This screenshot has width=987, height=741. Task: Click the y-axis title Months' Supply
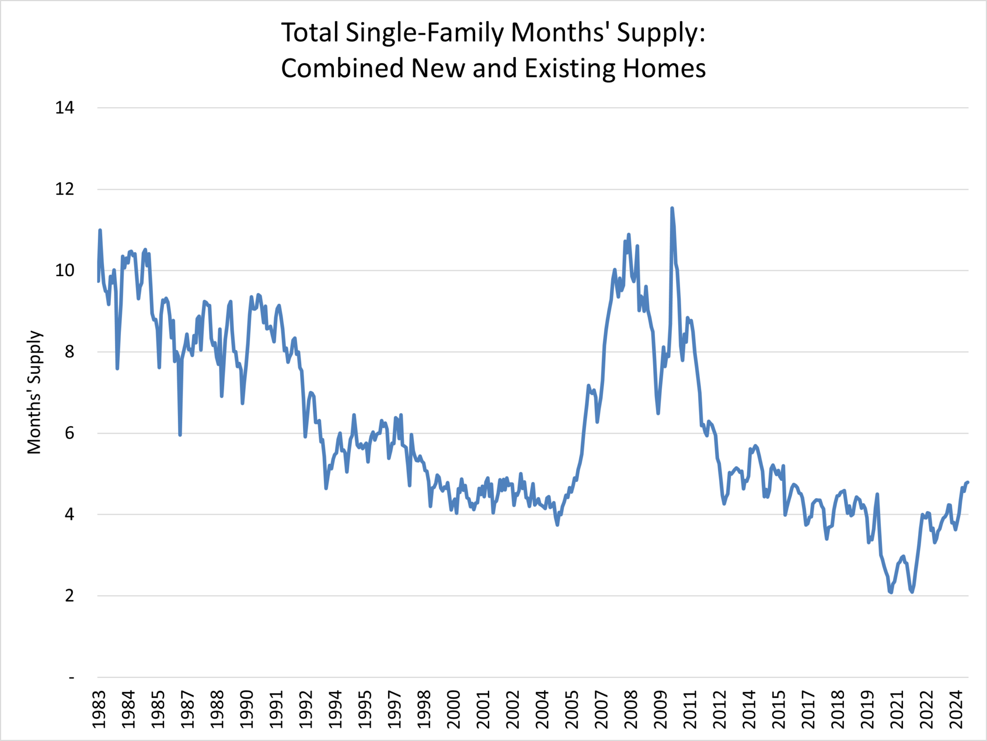[35, 392]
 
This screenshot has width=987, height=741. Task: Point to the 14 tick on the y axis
[65, 108]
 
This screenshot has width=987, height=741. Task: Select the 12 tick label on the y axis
[65, 189]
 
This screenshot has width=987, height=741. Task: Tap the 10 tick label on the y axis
[65, 270]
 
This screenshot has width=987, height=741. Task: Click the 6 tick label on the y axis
[69, 433]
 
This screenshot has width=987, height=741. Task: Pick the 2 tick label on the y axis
[69, 596]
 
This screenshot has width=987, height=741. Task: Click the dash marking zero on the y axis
[71, 678]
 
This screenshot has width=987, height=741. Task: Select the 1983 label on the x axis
[99, 710]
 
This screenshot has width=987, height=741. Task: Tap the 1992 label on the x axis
[306, 710]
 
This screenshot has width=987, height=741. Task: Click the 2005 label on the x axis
[572, 710]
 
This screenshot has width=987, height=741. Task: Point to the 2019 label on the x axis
[867, 710]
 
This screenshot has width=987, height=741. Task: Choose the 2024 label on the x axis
[956, 710]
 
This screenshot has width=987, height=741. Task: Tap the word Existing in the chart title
[570, 68]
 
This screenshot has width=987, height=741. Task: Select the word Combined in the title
[342, 68]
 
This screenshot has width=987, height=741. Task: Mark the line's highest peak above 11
[672, 208]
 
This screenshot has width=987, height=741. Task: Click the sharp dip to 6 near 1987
[180, 435]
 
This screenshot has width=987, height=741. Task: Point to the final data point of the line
[968, 482]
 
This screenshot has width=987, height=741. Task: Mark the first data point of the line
[98, 281]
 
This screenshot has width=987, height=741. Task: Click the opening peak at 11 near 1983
[100, 230]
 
